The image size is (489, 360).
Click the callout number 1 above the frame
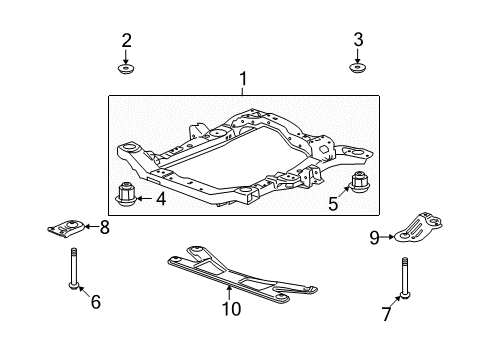241,79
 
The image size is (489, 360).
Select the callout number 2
127,41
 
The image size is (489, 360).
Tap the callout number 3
357,40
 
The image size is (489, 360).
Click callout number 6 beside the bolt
96,301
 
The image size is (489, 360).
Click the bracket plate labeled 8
65,229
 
